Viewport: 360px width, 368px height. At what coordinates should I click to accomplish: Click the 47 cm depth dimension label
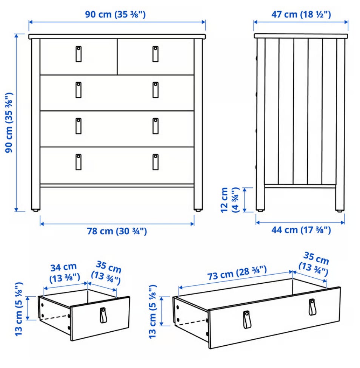coord(301,15)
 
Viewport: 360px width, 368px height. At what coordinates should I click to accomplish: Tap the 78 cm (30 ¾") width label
coord(117,231)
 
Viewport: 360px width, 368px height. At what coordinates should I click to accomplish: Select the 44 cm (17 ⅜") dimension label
coord(301,230)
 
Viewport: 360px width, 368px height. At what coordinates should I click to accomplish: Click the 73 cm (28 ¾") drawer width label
coord(237,273)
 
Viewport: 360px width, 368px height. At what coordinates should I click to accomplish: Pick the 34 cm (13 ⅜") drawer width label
coord(64,272)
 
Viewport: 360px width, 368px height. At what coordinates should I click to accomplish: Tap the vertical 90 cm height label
coord(9,122)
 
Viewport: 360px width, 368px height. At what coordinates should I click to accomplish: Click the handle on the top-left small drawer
coord(78,54)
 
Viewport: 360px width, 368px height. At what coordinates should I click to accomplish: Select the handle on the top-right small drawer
coord(155,54)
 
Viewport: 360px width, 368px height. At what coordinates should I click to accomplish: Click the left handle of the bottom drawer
coord(78,162)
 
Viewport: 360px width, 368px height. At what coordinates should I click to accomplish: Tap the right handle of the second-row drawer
coord(155,90)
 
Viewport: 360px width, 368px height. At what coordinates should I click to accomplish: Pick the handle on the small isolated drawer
coord(103,315)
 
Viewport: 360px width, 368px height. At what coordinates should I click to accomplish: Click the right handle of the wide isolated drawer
coord(312,307)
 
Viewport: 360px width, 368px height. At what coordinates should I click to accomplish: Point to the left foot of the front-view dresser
coord(35,210)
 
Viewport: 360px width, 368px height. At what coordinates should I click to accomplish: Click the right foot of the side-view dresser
coord(339,210)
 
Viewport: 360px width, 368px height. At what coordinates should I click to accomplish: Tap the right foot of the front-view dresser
coord(198,210)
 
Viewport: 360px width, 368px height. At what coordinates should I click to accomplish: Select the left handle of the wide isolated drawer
coord(246,319)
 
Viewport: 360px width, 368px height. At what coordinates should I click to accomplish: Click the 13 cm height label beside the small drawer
coord(19,309)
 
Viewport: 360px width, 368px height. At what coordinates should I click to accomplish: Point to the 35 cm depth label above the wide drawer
coord(314,264)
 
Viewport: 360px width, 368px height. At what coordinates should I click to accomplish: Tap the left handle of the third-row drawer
coord(78,126)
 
